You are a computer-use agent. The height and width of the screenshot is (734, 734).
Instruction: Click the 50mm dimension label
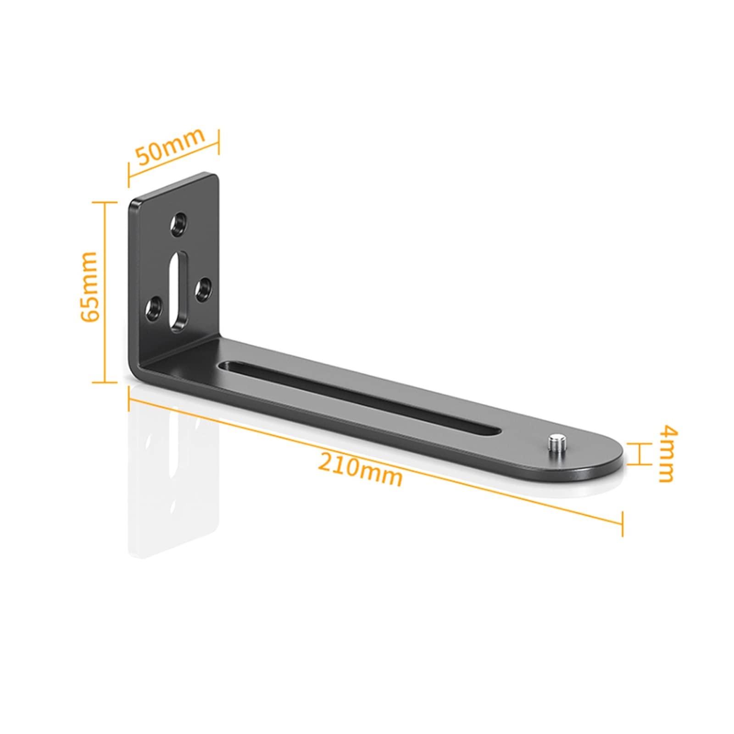(x=170, y=145)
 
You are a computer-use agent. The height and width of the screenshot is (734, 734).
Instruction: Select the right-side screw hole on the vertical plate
(x=203, y=289)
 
